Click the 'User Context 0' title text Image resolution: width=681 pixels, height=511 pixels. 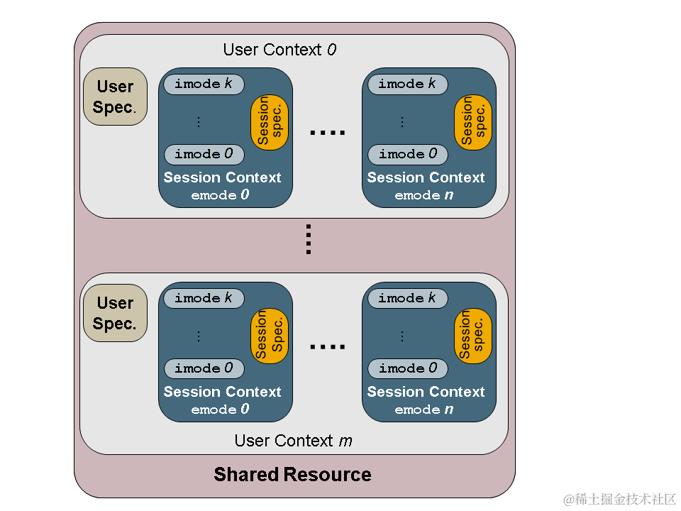tap(279, 50)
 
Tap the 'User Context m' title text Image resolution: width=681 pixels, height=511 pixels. tap(293, 441)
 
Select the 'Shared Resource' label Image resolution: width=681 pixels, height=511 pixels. tap(292, 475)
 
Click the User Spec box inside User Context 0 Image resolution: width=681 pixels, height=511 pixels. tap(115, 97)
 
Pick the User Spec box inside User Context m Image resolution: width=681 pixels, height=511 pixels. tap(115, 313)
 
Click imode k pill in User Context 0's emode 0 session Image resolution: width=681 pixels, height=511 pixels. tap(204, 84)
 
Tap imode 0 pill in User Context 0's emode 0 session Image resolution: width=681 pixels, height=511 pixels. tap(204, 154)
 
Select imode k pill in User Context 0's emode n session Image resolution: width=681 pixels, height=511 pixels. tap(407, 84)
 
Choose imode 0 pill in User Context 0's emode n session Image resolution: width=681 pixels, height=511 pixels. tap(407, 154)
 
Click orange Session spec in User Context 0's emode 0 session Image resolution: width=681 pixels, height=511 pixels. tap(270, 122)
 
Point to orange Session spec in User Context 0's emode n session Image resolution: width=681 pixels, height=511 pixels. tap(473, 122)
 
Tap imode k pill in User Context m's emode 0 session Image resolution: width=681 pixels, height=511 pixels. tap(204, 298)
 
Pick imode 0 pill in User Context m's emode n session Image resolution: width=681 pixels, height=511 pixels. tap(407, 368)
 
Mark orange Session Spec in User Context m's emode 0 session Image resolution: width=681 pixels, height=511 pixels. tap(270, 336)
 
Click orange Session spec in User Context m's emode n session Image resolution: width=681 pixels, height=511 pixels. tap(473, 336)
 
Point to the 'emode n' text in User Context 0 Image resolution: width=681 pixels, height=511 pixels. tap(424, 195)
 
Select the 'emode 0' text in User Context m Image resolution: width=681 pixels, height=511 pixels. tap(220, 410)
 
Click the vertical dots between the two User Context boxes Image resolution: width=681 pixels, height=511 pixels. tap(309, 239)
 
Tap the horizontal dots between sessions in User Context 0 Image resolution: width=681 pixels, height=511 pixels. tap(328, 133)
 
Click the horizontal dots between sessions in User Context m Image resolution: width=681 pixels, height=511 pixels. tap(328, 347)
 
